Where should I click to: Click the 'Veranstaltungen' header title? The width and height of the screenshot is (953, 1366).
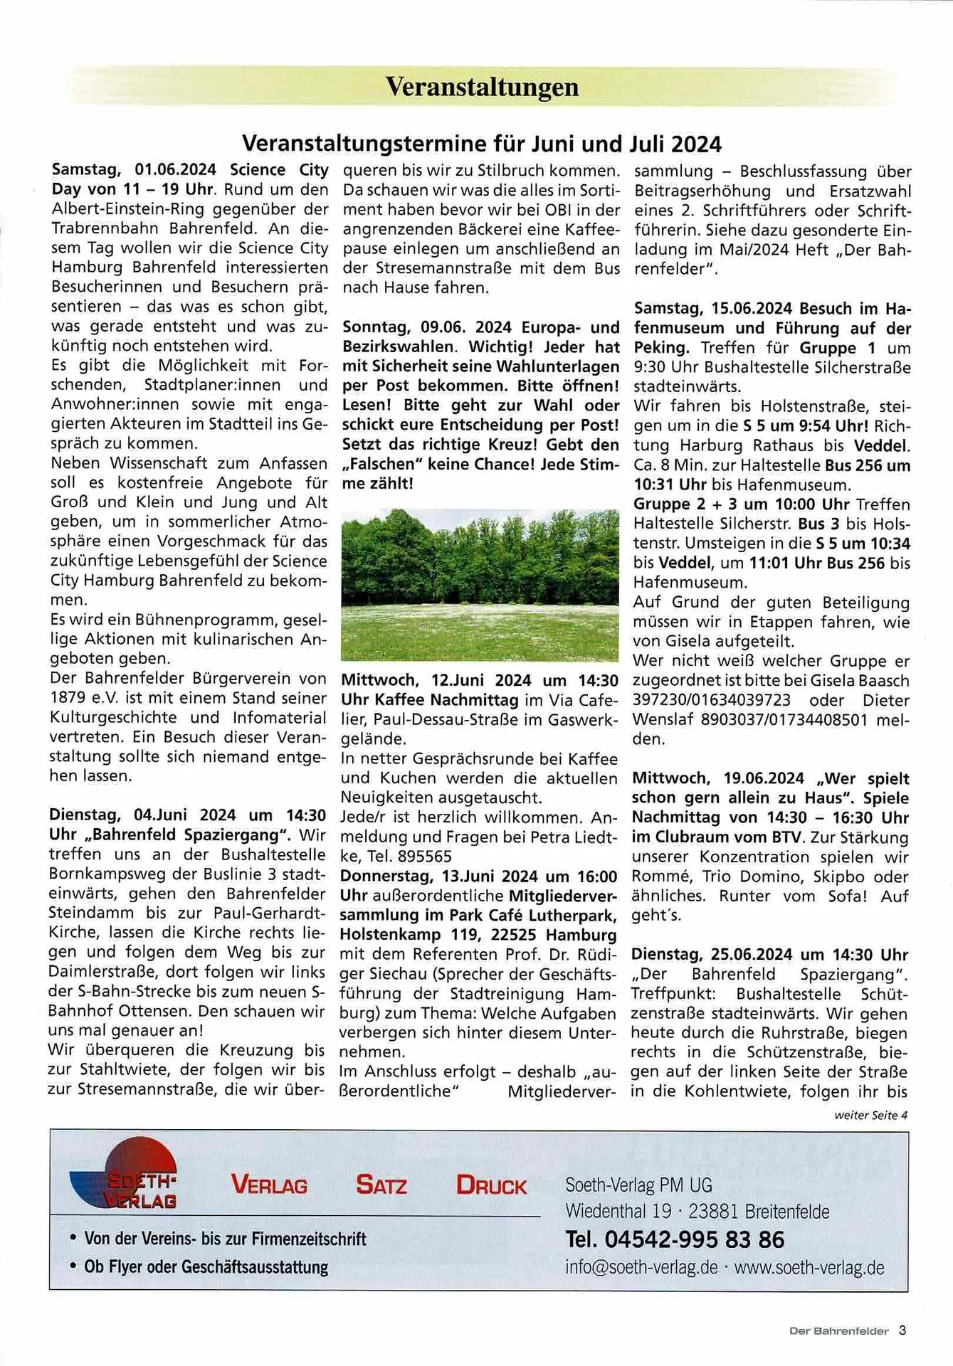(x=482, y=87)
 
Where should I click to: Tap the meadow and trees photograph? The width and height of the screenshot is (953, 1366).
(x=480, y=585)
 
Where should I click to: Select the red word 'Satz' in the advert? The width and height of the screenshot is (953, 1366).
(x=381, y=1185)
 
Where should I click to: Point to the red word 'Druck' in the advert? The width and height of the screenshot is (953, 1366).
(x=491, y=1185)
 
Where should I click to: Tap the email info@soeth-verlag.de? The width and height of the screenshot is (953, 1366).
(x=641, y=1267)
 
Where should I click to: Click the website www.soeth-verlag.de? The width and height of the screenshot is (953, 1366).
(x=809, y=1267)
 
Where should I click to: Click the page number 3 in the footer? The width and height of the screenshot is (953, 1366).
(x=902, y=1330)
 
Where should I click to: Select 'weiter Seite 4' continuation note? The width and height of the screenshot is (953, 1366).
(x=870, y=1115)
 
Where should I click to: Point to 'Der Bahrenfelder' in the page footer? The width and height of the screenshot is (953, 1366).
(x=838, y=1330)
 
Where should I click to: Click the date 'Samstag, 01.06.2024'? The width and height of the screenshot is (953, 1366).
(x=134, y=170)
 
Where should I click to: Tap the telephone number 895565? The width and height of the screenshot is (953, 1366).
(x=426, y=857)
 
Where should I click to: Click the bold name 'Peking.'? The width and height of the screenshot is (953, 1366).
(x=661, y=348)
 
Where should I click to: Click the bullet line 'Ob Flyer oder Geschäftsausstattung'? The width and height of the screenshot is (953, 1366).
(x=206, y=1267)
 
